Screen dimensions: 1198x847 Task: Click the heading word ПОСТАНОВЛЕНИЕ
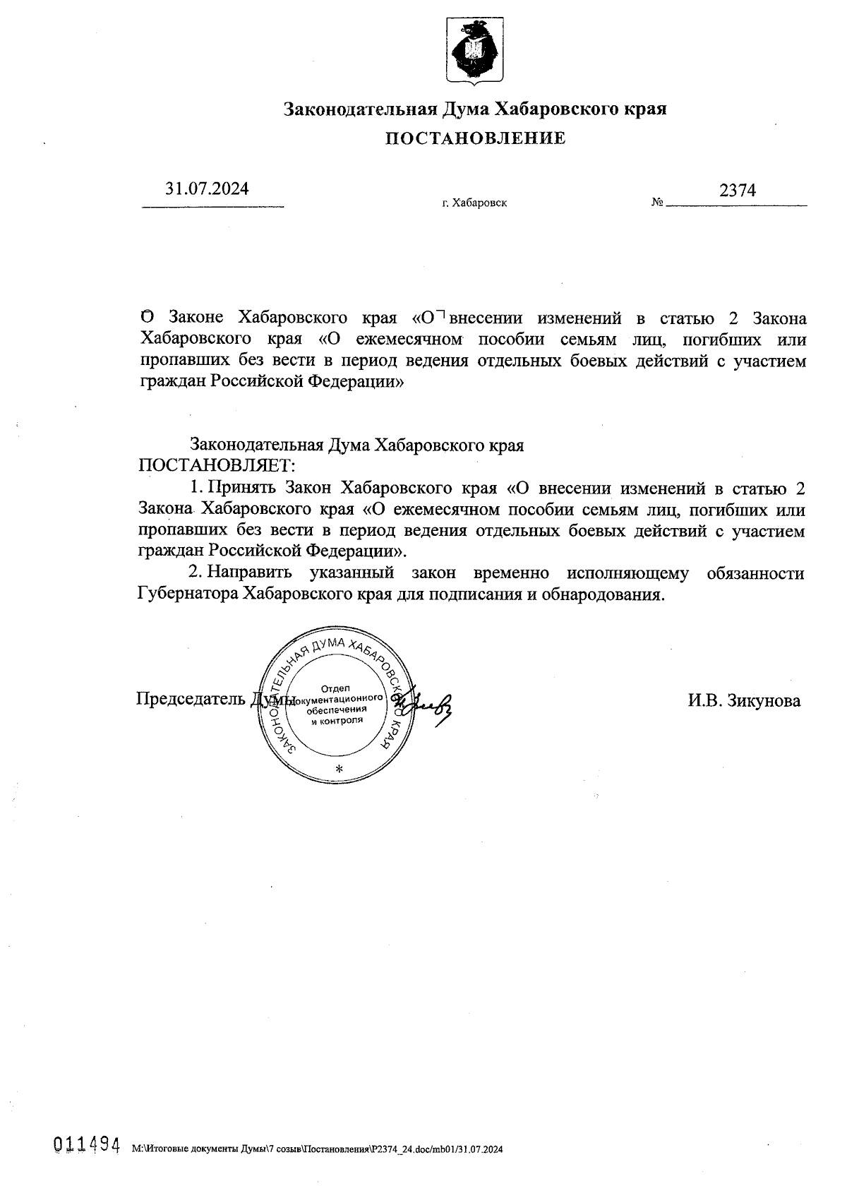tap(474, 138)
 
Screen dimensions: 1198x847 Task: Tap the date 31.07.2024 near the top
tap(207, 189)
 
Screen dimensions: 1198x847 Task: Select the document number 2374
tap(737, 191)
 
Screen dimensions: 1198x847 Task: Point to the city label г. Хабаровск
tap(474, 203)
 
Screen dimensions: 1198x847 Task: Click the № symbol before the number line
tap(656, 203)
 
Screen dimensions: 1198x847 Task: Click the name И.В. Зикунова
tap(745, 700)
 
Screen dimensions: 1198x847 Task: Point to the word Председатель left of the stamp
tap(191, 699)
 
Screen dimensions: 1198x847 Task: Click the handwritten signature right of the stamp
tap(431, 702)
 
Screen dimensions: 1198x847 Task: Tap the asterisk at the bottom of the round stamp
tap(340, 769)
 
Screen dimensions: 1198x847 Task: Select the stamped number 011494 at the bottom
tap(85, 1145)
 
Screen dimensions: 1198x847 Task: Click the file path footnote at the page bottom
tap(318, 1149)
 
